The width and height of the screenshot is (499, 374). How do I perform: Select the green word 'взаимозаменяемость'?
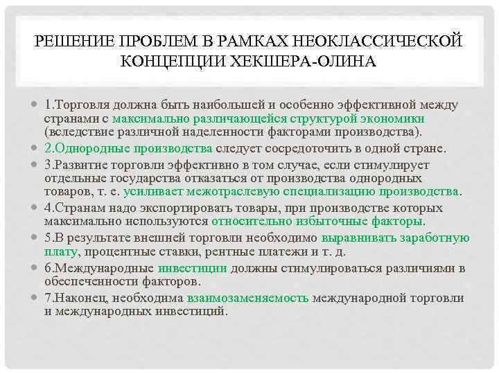247,298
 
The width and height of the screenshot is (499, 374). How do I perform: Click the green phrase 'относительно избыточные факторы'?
318,221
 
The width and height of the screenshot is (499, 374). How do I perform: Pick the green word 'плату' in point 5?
59,251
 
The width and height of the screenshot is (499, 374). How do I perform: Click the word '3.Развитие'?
72,165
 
